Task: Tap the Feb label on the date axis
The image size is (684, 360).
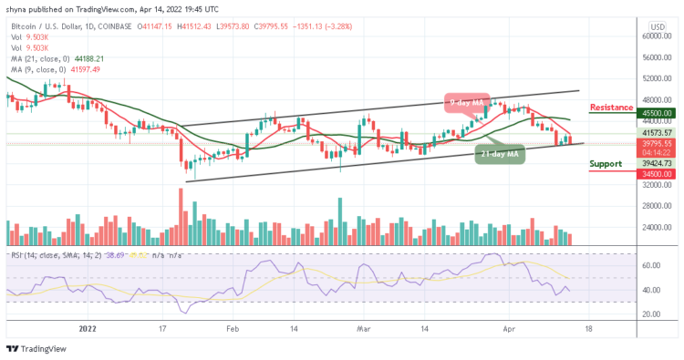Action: (232, 330)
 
